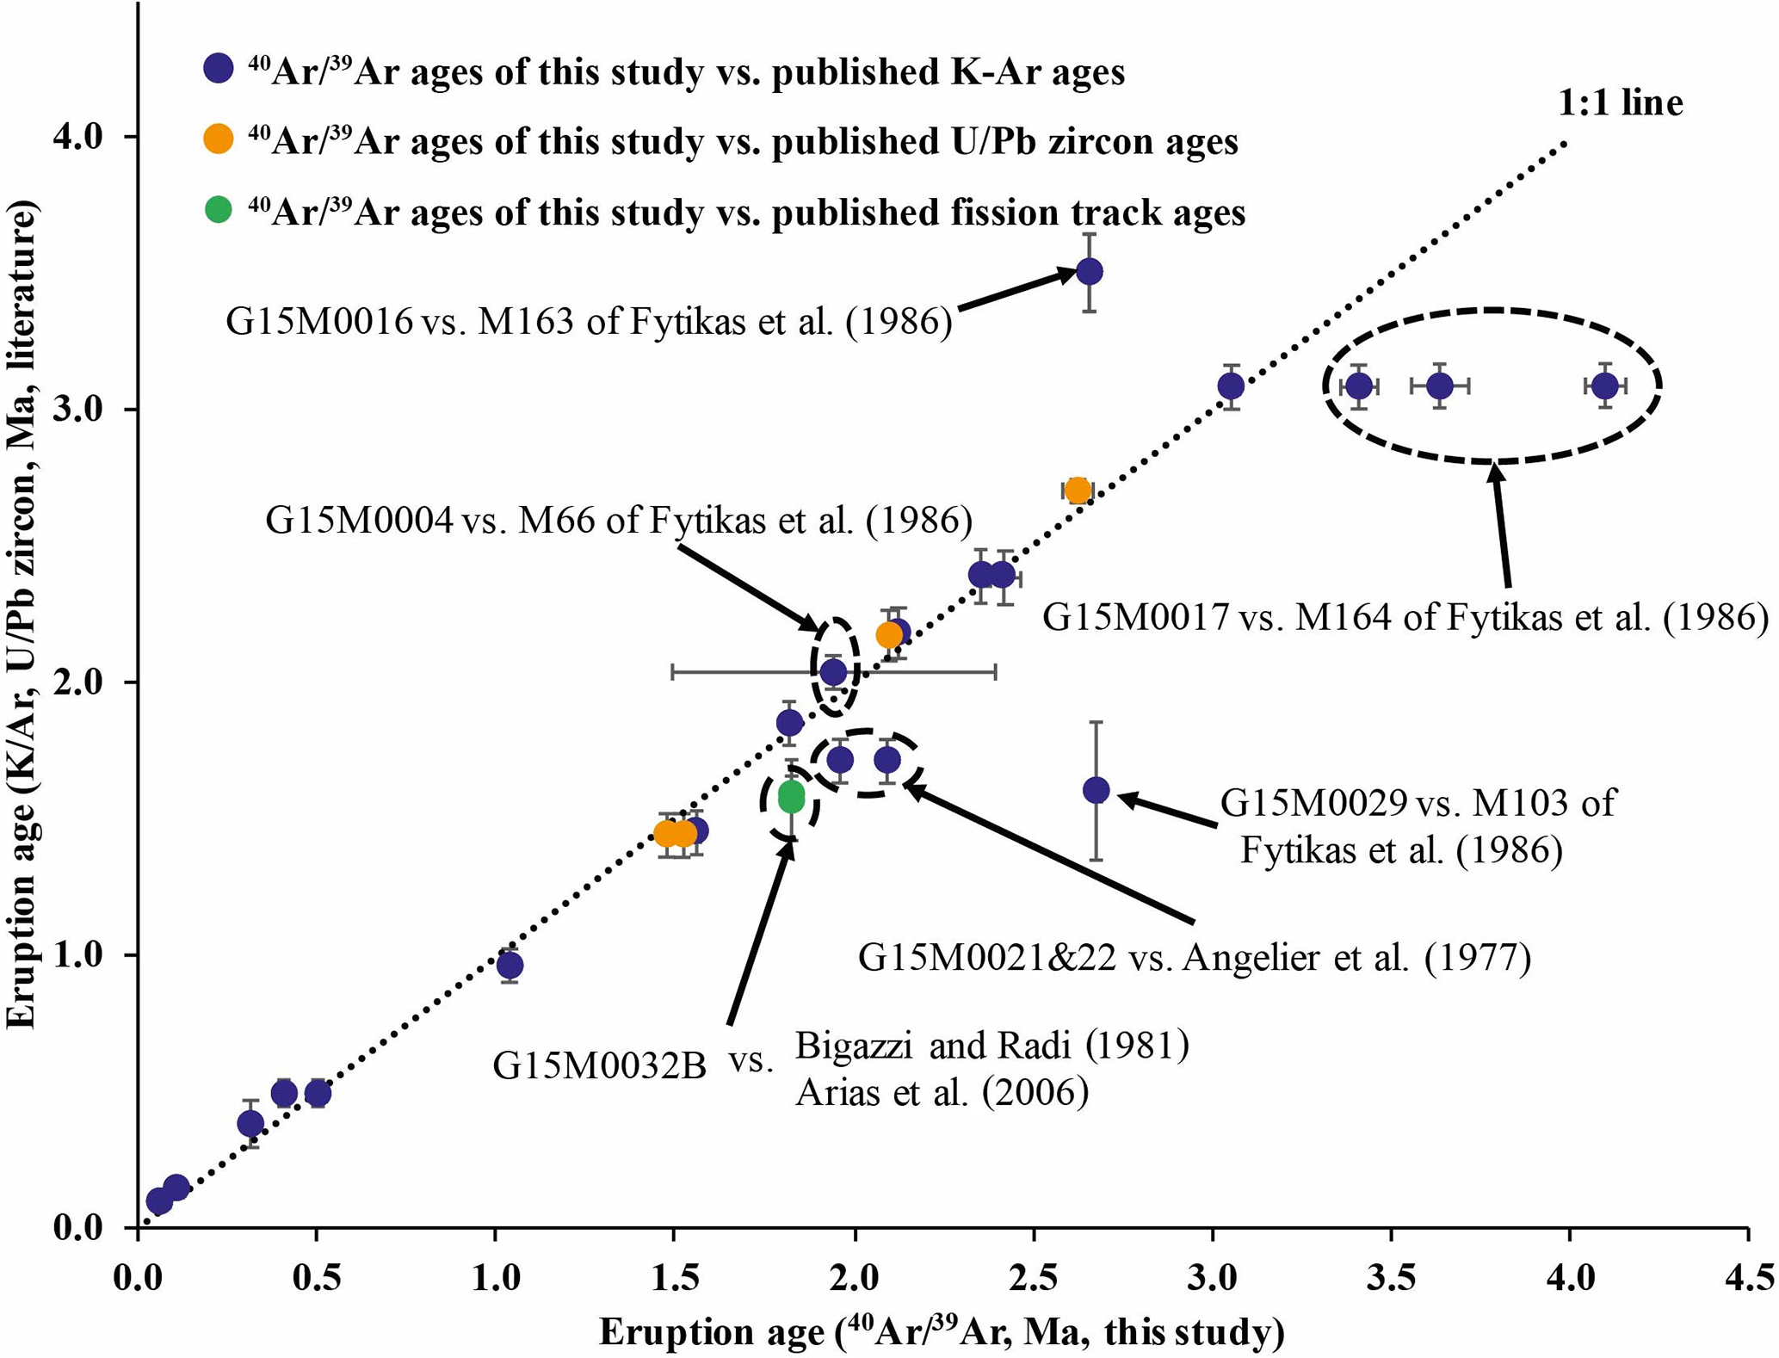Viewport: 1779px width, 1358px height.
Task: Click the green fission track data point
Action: pos(791,797)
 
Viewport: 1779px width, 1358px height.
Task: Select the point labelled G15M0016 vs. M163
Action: pos(1089,273)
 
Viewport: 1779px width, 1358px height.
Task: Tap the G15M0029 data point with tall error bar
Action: pos(1096,790)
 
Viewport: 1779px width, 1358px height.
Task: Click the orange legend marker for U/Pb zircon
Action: pos(219,139)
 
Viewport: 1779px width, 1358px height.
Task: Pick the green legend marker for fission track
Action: pos(219,210)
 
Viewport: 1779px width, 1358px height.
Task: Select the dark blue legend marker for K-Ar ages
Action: pos(219,69)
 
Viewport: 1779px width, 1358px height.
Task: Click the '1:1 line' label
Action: pos(1620,103)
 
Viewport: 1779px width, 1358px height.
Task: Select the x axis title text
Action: pos(942,1332)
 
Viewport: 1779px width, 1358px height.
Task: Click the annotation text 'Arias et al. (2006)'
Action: pos(942,1092)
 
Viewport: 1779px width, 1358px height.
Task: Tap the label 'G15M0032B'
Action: pos(599,1066)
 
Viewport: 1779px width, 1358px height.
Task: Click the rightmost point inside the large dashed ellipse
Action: pos(1604,386)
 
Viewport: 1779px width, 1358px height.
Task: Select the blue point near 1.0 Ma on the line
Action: pos(510,966)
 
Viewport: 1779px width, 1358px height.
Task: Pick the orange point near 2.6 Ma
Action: pos(1077,491)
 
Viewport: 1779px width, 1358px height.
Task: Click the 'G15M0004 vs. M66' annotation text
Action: pos(618,521)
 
